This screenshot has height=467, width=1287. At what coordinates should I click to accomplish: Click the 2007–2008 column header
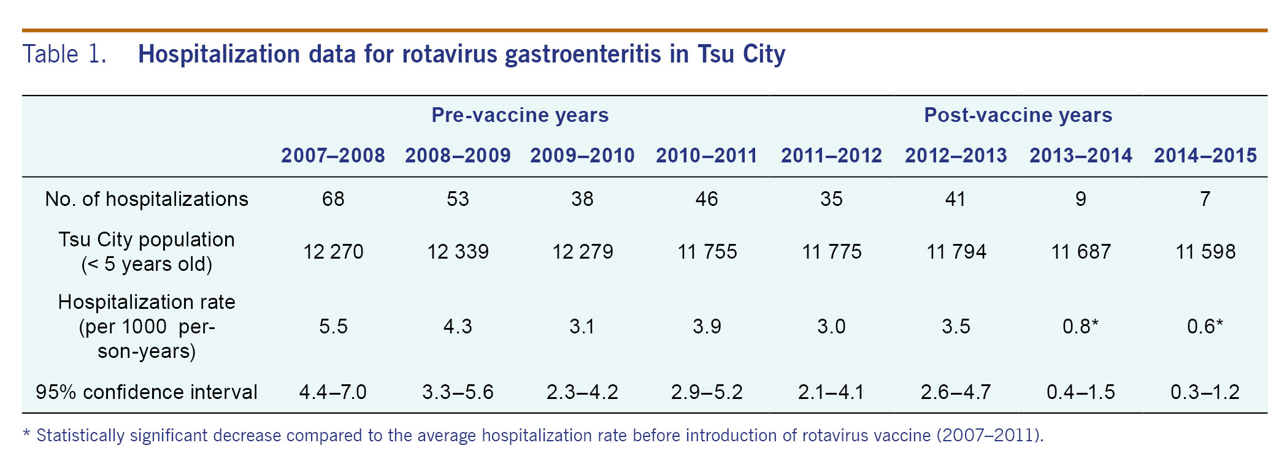click(333, 156)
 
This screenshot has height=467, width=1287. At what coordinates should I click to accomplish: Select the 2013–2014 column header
click(1081, 156)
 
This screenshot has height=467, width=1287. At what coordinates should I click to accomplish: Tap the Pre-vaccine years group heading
click(520, 115)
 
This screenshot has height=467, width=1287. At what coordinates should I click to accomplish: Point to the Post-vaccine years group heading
click(1018, 115)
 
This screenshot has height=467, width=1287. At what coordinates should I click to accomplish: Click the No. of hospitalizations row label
click(147, 199)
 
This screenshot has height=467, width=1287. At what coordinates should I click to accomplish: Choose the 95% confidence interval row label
click(147, 392)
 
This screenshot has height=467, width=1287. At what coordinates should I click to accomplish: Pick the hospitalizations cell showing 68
click(333, 199)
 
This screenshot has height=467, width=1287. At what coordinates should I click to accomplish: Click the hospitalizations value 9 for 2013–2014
click(1081, 199)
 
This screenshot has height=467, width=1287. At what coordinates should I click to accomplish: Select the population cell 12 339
click(458, 252)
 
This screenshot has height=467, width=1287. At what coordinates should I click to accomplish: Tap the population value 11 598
click(1205, 252)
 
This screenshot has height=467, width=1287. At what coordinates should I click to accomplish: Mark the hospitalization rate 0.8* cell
click(1081, 327)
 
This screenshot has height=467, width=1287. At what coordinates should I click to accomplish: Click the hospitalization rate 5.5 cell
click(333, 327)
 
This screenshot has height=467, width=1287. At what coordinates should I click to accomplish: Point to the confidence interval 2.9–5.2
click(707, 392)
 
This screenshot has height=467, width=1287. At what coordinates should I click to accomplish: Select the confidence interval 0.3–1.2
click(1205, 392)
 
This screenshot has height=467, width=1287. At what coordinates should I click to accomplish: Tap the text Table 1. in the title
click(64, 54)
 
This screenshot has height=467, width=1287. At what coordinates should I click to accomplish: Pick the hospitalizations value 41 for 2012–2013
click(956, 199)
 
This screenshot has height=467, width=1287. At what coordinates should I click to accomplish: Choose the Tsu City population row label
click(147, 252)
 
